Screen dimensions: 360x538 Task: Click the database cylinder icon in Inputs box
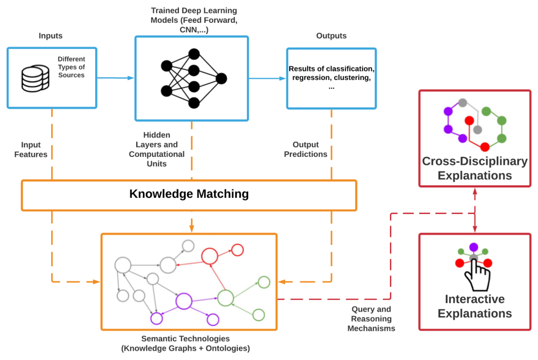[x=35, y=78]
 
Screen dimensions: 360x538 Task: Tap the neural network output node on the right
[x=221, y=78]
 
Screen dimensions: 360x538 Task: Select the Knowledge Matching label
[x=189, y=194]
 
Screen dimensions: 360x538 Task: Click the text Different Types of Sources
[x=71, y=67]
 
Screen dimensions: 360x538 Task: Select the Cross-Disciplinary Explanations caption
[x=475, y=168]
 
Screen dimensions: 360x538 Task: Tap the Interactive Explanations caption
[x=475, y=306]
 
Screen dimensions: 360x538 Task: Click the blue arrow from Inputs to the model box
[x=115, y=78]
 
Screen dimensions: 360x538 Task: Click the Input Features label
[x=31, y=150]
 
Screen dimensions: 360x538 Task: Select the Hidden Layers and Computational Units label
[x=157, y=149]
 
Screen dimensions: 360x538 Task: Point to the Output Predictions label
[x=305, y=149]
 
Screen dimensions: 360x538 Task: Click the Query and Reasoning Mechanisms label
[x=371, y=319]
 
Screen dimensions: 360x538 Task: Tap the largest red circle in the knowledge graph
[x=210, y=256]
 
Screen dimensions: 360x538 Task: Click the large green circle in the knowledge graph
[x=226, y=298]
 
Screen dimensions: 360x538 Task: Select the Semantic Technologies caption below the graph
[x=186, y=343]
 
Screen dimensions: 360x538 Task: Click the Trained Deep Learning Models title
[x=194, y=20]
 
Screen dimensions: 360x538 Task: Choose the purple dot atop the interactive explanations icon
[x=474, y=247]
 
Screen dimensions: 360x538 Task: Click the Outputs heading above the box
[x=331, y=36]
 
